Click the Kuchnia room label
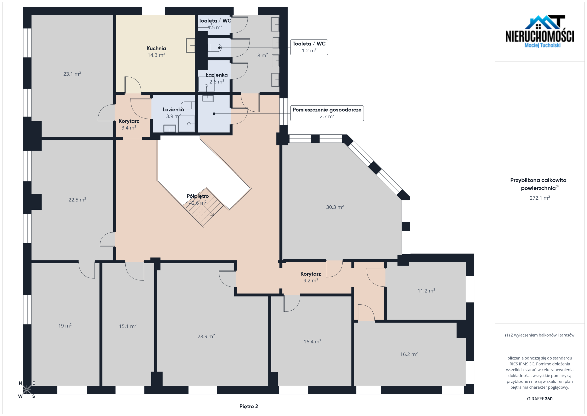156,48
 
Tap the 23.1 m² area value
72,74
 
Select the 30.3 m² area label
335,207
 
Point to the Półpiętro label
198,196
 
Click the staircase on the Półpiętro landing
203,207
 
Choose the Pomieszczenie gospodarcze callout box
327,113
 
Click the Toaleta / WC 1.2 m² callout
309,47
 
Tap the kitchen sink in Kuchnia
190,45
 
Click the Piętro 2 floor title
249,406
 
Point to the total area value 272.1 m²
540,198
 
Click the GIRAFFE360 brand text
540,399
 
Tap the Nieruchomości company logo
540,32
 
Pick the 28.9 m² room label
206,336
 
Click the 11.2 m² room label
426,291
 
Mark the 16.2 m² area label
409,354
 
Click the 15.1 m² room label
127,326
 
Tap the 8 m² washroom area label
263,55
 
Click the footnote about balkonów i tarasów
540,335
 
